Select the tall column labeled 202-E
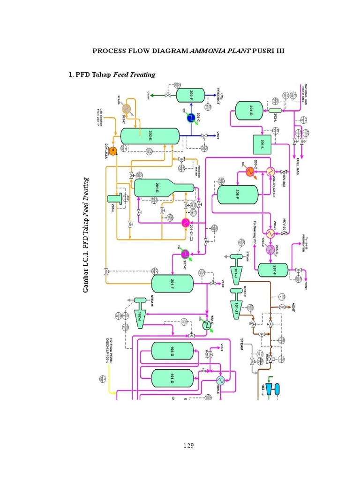(150, 136)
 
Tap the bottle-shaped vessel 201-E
(157, 187)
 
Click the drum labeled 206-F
(237, 194)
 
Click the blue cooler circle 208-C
(191, 119)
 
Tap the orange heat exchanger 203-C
(249, 172)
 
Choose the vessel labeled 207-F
(273, 270)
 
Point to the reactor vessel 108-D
(172, 351)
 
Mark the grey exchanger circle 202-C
(126, 107)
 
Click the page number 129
(189, 445)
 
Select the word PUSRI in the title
(265, 51)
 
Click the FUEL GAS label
(299, 167)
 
